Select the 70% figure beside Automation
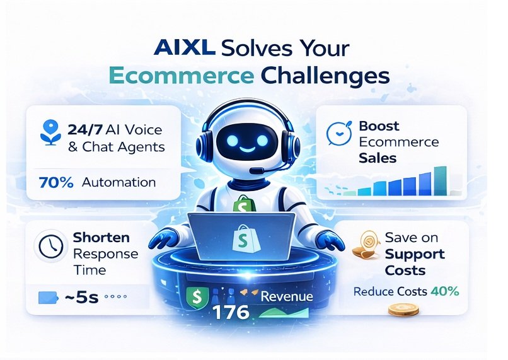pyautogui.click(x=56, y=183)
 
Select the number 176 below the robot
pyautogui.click(x=231, y=311)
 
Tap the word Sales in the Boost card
pyautogui.click(x=378, y=158)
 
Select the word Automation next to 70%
pyautogui.click(x=120, y=183)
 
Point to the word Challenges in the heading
pyautogui.click(x=323, y=75)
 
